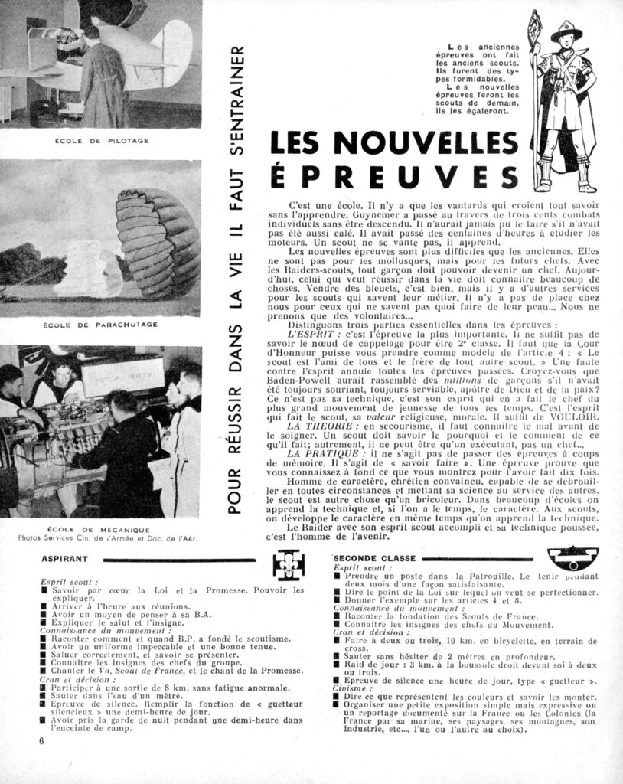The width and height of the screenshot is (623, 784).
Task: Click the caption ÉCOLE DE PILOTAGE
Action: click(x=101, y=141)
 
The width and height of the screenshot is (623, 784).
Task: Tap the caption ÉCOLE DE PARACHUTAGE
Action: click(x=101, y=325)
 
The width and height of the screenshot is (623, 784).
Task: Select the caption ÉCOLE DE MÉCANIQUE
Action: click(x=101, y=529)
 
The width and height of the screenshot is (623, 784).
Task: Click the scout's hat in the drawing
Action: click(x=566, y=34)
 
